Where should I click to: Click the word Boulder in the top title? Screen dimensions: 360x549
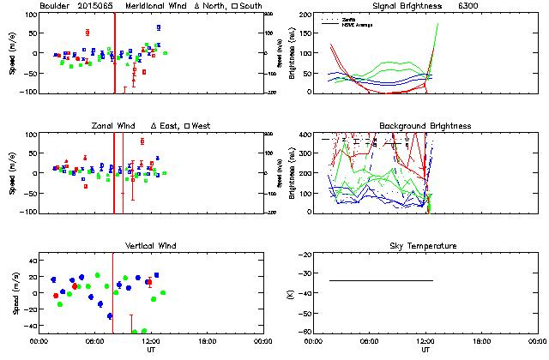[55, 5]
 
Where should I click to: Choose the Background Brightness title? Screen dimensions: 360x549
[425, 126]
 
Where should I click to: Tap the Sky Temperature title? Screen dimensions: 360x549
[425, 246]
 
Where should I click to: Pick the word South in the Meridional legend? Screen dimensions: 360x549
[250, 5]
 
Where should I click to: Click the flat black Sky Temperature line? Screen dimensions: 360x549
[381, 280]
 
